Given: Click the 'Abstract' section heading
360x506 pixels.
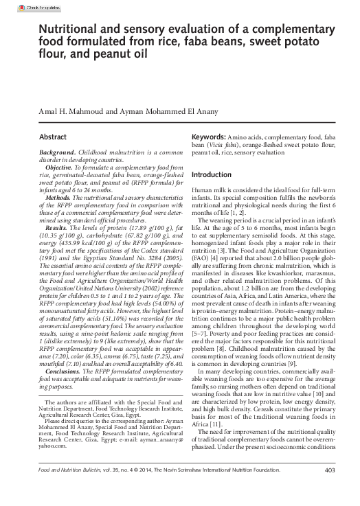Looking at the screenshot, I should click(x=53, y=137).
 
